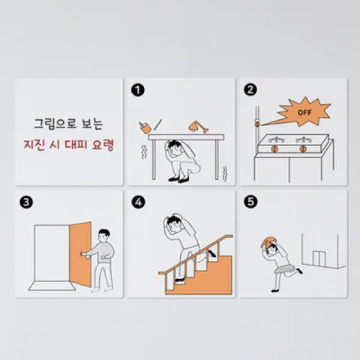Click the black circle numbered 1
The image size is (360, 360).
tap(136, 90)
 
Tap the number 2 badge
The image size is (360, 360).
tap(250, 90)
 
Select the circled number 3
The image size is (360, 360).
tap(26, 202)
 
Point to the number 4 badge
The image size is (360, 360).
tap(137, 202)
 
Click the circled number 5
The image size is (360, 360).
tap(250, 202)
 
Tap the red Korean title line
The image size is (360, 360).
tap(68, 145)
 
